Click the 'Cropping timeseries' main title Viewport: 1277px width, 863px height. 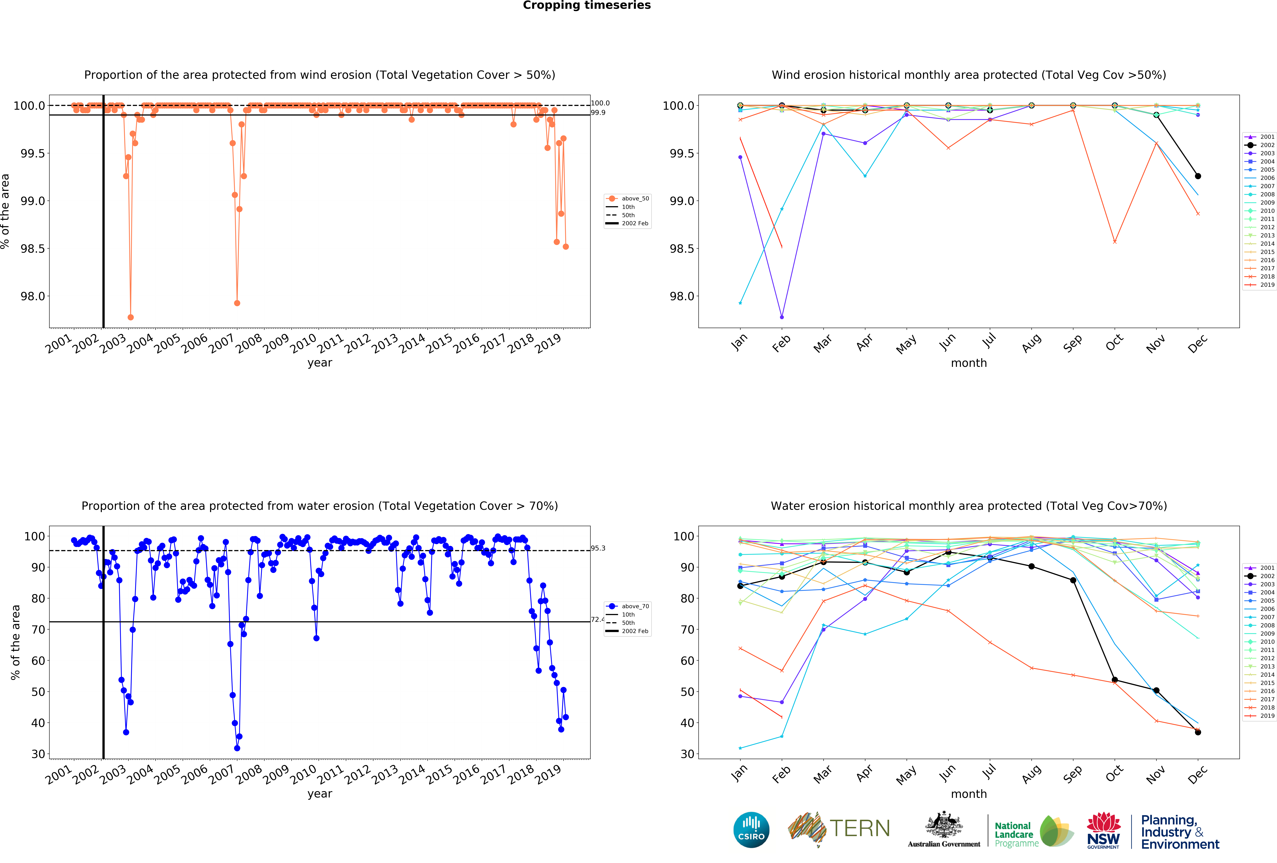point(586,6)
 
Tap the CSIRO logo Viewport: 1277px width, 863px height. point(751,829)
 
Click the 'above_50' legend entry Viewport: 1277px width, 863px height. point(635,198)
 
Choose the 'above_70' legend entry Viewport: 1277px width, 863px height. point(635,606)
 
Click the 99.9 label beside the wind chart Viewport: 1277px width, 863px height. point(598,113)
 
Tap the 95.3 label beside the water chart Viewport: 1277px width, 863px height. point(598,548)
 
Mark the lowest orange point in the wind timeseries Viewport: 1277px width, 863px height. point(130,317)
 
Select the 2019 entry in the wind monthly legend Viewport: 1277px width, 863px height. point(1267,285)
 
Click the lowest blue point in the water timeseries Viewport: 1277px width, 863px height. point(237,748)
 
